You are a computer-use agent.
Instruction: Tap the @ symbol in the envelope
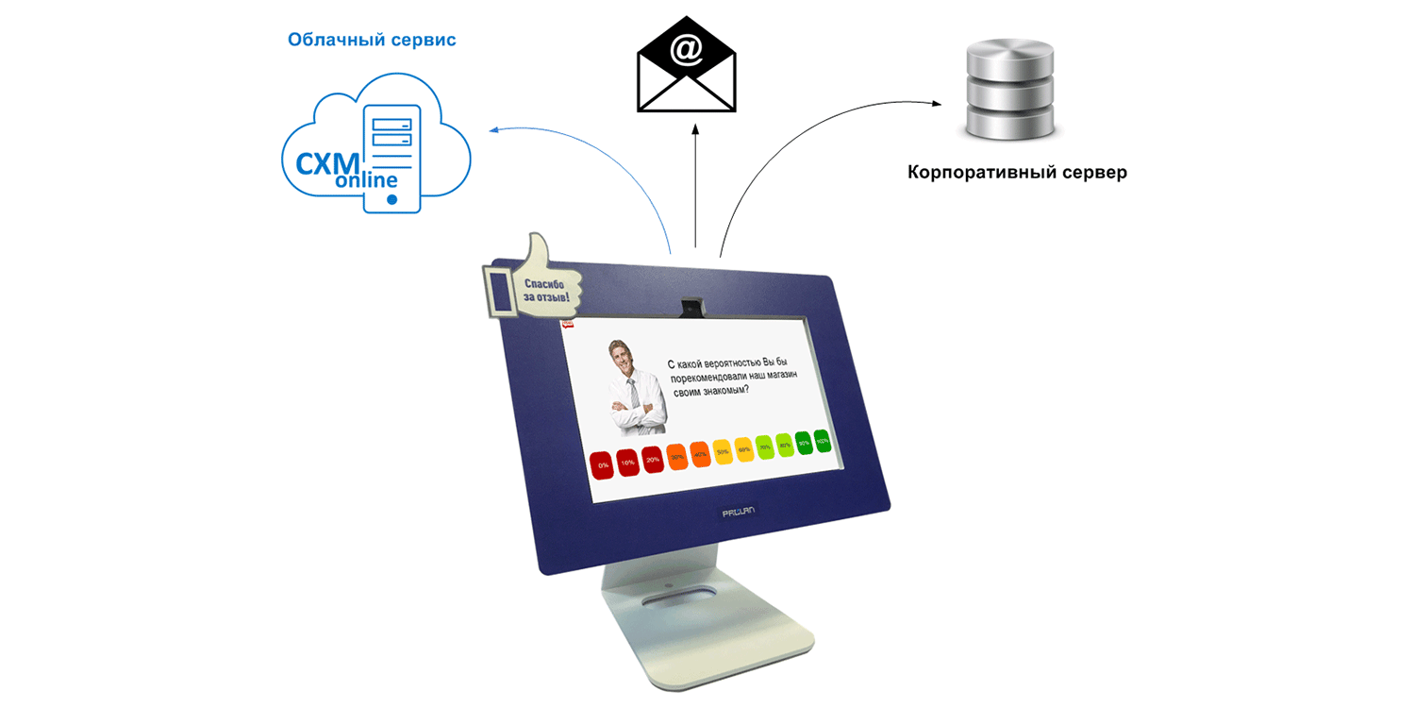[686, 50]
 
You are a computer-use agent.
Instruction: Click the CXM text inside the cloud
[326, 163]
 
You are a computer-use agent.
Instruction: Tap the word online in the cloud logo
[366, 179]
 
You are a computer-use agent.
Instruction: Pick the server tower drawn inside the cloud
[391, 156]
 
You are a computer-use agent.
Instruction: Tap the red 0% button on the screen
[603, 464]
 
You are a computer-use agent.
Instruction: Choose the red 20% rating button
[652, 459]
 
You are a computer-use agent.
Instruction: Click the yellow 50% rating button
[723, 451]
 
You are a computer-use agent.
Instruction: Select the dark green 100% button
[823, 441]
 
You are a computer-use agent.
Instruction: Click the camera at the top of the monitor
[694, 305]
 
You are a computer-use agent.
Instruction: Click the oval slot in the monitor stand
[676, 599]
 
